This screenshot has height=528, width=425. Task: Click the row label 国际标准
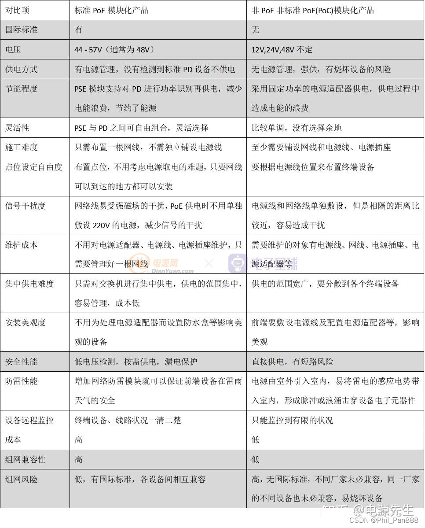22,30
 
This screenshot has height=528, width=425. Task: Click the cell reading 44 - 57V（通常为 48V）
114,50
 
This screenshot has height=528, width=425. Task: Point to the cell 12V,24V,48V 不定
282,50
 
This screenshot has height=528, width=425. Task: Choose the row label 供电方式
22,69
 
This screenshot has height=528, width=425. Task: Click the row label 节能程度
22,89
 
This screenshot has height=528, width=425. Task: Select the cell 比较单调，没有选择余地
297,128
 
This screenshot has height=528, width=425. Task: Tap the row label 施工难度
22,147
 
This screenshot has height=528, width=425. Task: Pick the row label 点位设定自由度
34,167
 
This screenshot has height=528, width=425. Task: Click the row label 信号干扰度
26,206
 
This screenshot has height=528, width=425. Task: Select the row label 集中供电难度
29,284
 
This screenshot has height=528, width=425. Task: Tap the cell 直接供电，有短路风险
293,362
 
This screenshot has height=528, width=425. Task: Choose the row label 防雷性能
22,381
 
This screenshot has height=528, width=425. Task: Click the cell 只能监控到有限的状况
293,420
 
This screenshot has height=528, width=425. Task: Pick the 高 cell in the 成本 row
79,439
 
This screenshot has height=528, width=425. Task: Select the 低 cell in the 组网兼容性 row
256,459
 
